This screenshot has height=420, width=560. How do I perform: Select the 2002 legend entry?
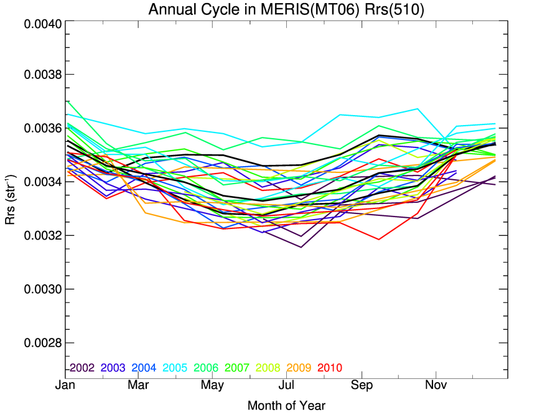tap(82, 368)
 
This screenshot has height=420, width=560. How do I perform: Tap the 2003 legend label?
tap(113, 368)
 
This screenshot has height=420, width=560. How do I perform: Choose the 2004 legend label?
tap(144, 368)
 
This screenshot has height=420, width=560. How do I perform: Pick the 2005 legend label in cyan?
tap(175, 368)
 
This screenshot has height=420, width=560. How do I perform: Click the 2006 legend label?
tap(206, 368)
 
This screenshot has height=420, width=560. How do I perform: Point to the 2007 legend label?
tap(237, 368)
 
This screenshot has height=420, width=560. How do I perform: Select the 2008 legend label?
tap(268, 368)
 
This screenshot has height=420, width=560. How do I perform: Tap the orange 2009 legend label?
tap(299, 368)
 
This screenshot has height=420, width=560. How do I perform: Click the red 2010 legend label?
tap(330, 368)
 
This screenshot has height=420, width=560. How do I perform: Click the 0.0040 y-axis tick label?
tap(42, 24)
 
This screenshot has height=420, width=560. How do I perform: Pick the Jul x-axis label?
tap(286, 386)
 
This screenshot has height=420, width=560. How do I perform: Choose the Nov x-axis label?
tap(436, 386)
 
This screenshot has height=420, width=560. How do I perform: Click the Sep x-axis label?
tap(362, 386)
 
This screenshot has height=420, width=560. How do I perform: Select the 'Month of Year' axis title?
tap(286, 406)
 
